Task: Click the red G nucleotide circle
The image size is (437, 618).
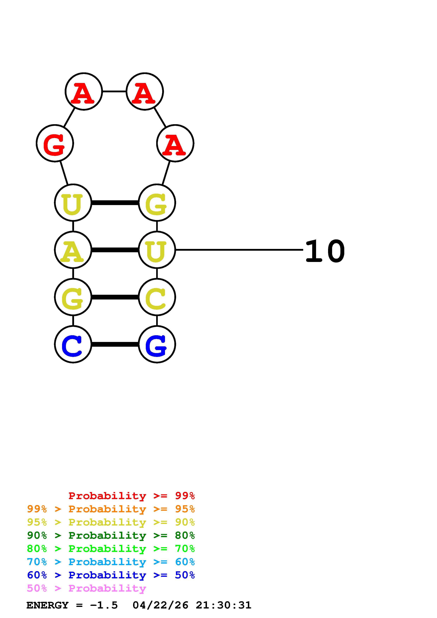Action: click(x=55, y=143)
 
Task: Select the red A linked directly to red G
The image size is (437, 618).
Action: click(x=84, y=91)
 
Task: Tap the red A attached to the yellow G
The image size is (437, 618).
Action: click(x=175, y=143)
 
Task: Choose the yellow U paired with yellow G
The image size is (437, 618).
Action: click(x=73, y=203)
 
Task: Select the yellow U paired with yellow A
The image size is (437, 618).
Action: click(x=157, y=250)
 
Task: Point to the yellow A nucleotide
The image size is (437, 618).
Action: click(x=73, y=250)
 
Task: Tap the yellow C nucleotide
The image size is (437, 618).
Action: click(x=157, y=297)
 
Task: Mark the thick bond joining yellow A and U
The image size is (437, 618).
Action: click(x=115, y=250)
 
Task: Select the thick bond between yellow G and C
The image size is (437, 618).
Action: click(x=115, y=297)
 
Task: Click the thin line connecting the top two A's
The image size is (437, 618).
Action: click(x=114, y=91)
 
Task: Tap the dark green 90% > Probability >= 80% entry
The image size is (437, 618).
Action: click(x=111, y=535)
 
